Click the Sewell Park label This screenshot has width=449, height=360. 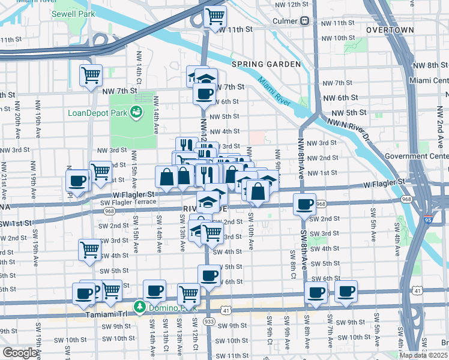[x=74, y=13]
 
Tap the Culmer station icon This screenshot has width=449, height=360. [x=305, y=20]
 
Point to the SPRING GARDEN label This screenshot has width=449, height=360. [x=266, y=64]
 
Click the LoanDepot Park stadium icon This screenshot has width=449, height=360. [x=137, y=111]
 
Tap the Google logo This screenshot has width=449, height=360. [x=20, y=353]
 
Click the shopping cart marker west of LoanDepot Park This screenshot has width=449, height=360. [x=91, y=76]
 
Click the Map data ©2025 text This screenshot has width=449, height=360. [x=423, y=355]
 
